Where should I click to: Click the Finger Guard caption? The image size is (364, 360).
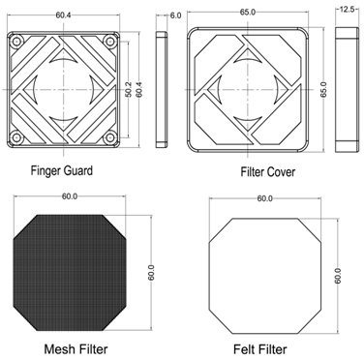coord(62,170)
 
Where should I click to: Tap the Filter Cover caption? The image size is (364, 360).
coord(268,171)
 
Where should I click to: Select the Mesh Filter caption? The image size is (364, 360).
coord(76,349)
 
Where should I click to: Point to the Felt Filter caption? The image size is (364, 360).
coord(260,349)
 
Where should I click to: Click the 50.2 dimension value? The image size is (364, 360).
coord(128,89)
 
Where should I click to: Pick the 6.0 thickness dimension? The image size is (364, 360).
coord(175,15)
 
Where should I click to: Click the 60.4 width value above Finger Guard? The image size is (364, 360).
coord(63,15)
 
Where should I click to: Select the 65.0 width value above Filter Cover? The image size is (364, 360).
coord(248,13)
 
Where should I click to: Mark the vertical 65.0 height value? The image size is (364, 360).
coord(323,89)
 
